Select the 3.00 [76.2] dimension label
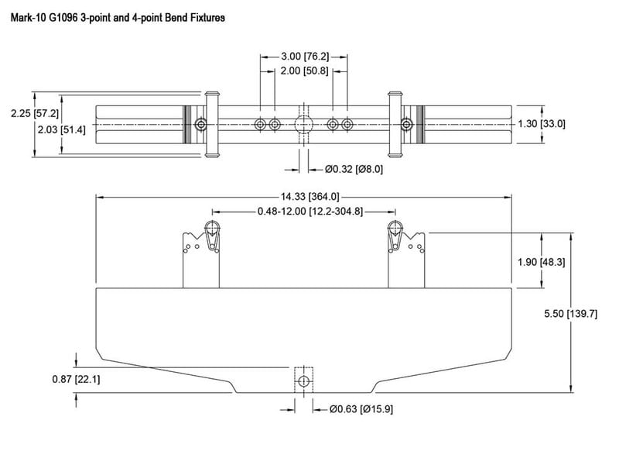[305, 57]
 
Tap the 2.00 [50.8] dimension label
[304, 71]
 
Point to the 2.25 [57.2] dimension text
[35, 113]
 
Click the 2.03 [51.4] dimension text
[61, 129]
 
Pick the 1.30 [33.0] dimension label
[542, 124]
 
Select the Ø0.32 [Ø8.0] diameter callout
[354, 169]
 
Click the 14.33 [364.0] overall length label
[310, 197]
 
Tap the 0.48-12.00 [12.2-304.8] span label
[310, 211]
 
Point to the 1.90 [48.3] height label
[541, 262]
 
